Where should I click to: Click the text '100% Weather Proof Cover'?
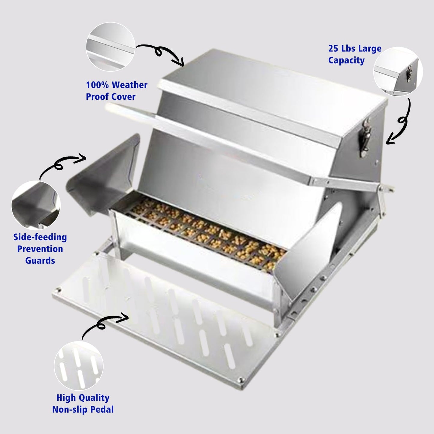pos(117,91)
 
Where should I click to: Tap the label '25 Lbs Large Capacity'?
pos(355,54)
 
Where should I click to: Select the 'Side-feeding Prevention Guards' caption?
pos(40,249)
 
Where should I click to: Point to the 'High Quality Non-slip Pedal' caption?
pos(83,403)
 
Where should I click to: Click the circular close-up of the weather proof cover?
pos(111,47)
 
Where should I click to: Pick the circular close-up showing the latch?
pos(398,71)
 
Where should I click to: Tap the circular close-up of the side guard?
pos(36,205)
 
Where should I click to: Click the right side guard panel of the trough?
pos(308,250)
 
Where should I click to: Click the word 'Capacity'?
pos(346,60)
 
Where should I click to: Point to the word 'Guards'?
pos(40,261)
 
